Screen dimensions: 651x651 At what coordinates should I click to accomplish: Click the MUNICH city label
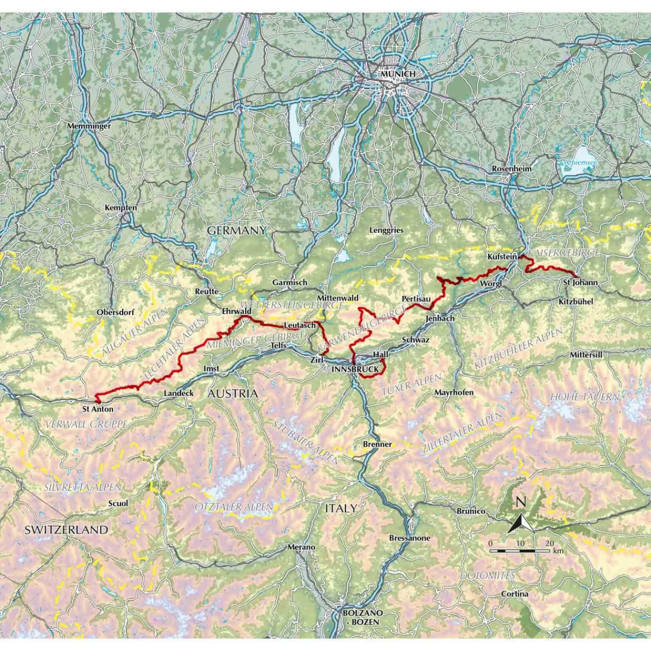coord(398,74)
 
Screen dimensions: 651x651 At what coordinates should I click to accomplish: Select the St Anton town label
coord(98,409)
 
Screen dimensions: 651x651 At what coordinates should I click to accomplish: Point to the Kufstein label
coord(502,257)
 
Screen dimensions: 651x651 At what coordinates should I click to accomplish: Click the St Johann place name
coord(580,282)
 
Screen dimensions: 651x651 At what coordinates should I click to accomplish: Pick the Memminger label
coord(89,126)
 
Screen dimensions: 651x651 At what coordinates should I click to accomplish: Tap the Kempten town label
coord(121,208)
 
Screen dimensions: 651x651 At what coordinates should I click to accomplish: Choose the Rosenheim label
coord(512,168)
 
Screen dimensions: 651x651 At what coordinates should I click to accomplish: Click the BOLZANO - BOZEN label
coord(363,617)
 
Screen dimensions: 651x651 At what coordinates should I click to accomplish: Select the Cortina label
coord(515,594)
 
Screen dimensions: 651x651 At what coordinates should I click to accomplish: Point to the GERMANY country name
coord(236,230)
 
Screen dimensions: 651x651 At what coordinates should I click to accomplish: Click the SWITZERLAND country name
coord(67,529)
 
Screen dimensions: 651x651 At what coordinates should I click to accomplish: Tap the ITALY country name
coord(341,508)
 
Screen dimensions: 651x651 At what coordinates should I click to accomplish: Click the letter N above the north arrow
coord(521,502)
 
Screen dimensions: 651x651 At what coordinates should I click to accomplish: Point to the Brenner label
coord(377,444)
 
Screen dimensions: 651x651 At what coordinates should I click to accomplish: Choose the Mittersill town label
coord(586,354)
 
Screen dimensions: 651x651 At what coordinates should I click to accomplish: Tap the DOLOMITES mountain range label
coord(487,576)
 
